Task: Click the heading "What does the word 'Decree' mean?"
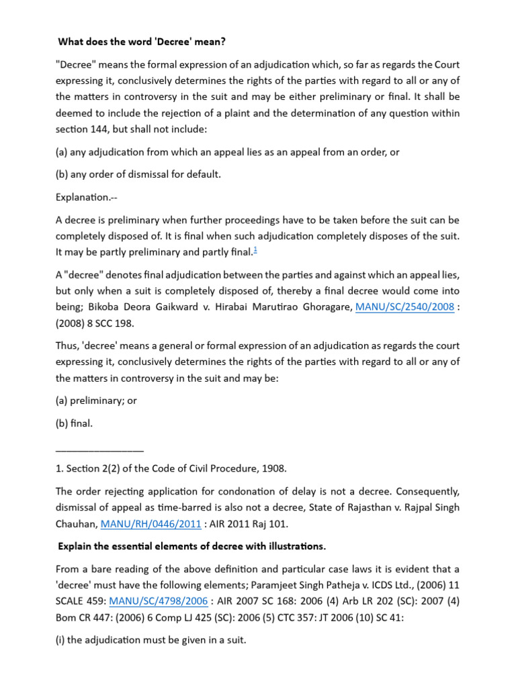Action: tap(142, 42)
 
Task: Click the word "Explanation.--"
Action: tap(86, 197)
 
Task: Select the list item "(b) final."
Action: tap(75, 423)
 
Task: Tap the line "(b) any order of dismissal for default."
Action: tap(138, 174)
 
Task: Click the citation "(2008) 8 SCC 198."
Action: tap(95, 323)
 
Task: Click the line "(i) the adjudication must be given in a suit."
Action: tap(151, 640)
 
